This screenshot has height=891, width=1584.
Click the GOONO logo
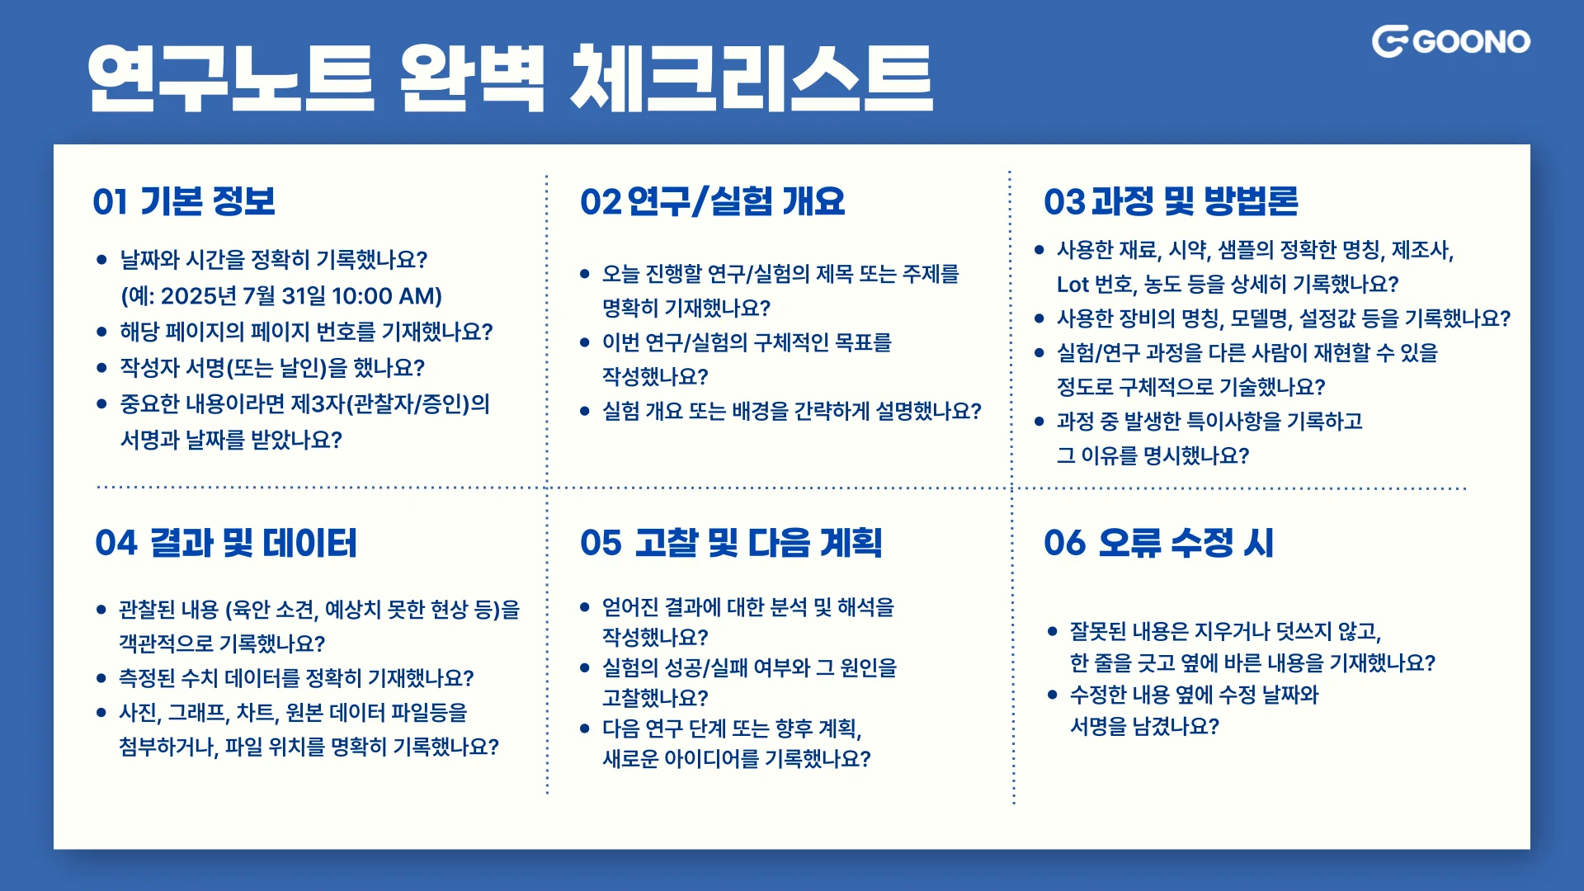pos(1450,41)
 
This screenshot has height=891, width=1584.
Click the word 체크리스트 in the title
pos(752,78)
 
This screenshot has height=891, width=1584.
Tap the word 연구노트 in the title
pos(232,78)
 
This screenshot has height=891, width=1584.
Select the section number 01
pos(110,202)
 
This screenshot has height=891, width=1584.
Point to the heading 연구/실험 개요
pos(736,202)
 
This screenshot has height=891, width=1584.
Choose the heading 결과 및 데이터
pos(253,543)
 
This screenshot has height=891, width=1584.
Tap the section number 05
pos(601,543)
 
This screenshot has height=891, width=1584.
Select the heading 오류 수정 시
pos(1186,543)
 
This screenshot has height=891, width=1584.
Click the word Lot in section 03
pos(1072,285)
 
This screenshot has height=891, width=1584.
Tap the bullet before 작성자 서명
pos(102,368)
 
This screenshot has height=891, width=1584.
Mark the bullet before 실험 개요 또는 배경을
pos(585,411)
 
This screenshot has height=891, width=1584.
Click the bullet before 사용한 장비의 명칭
pos(1039,318)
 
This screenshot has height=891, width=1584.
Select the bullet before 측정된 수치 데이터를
pos(101,678)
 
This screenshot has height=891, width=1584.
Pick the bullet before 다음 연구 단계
pos(585,728)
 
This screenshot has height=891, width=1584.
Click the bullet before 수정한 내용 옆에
pos(1053,695)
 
